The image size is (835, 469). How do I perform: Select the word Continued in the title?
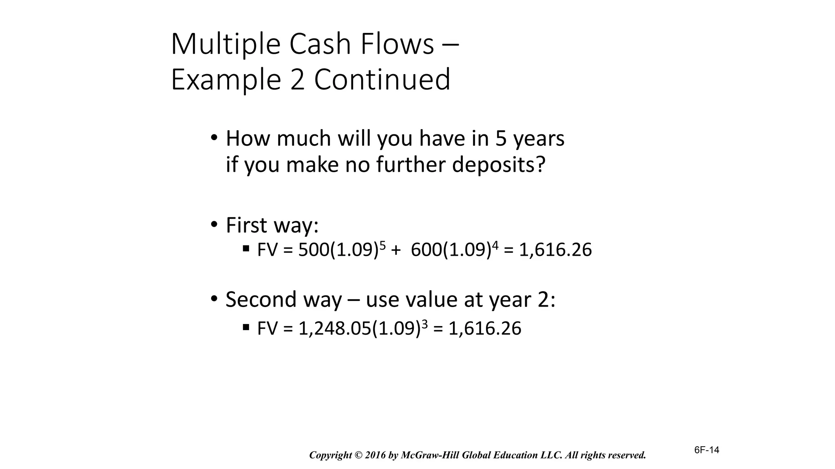[x=382, y=79]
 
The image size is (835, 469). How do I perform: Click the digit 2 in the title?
[x=298, y=80]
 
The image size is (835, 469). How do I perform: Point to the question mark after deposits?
[x=541, y=164]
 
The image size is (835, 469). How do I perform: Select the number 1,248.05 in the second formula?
[x=334, y=329]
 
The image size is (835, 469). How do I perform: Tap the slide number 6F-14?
[x=707, y=450]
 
